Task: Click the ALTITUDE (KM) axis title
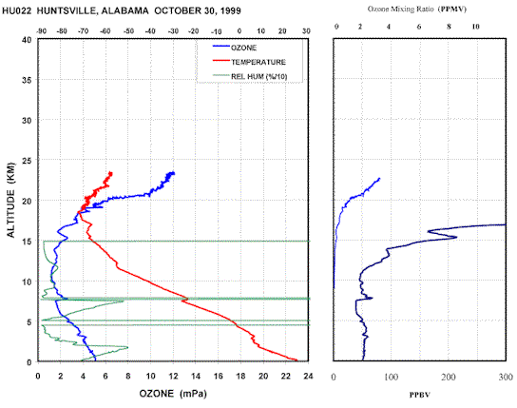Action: tap(10, 200)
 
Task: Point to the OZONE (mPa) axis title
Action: tap(173, 394)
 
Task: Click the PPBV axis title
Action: tap(419, 395)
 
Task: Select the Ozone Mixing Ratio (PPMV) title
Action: tap(417, 9)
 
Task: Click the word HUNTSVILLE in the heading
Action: tap(67, 10)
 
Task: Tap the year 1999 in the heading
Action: tap(231, 10)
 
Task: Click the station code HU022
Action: tap(17, 10)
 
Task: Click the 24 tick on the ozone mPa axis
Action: tap(308, 376)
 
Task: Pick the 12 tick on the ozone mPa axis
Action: tap(173, 376)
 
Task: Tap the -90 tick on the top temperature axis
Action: tap(41, 31)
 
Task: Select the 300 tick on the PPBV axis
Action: tap(506, 377)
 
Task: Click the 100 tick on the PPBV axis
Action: tap(391, 377)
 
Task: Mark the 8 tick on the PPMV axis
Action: tap(449, 27)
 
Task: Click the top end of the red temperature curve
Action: tap(111, 172)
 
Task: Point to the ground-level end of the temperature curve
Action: tap(297, 360)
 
